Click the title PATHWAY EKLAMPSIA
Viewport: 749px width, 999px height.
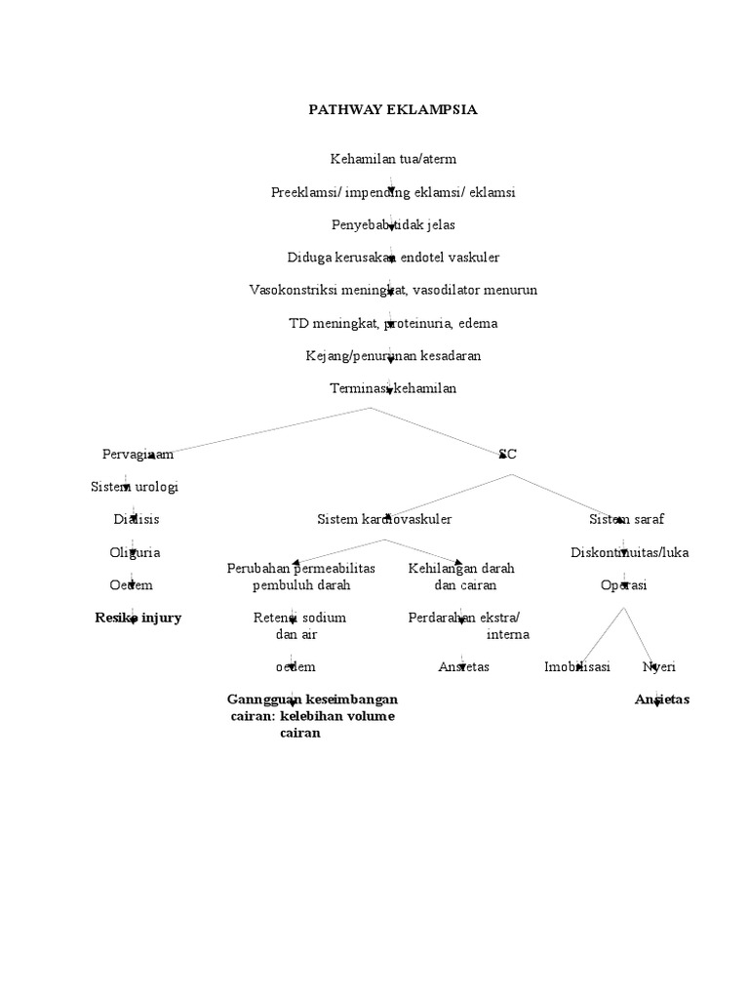point(393,109)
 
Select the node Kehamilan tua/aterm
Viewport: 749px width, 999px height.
point(393,158)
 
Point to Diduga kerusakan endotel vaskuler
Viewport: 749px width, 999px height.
point(393,258)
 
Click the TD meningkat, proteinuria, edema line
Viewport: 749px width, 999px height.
point(393,323)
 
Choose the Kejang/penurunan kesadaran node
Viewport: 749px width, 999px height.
point(393,356)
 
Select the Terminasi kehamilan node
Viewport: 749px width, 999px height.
point(393,388)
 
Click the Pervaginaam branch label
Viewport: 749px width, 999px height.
point(138,454)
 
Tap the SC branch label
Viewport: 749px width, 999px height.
point(507,454)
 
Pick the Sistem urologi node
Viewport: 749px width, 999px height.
point(134,486)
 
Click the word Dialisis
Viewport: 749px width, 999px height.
point(136,519)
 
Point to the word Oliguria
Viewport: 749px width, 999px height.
point(135,552)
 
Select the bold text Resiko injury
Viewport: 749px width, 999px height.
point(138,618)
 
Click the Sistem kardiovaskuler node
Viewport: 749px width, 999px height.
point(384,519)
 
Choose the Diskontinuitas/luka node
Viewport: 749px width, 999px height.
point(629,552)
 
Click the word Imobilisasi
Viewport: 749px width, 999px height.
point(577,667)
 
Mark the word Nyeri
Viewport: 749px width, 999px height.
point(658,667)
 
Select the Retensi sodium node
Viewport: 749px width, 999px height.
point(299,618)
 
